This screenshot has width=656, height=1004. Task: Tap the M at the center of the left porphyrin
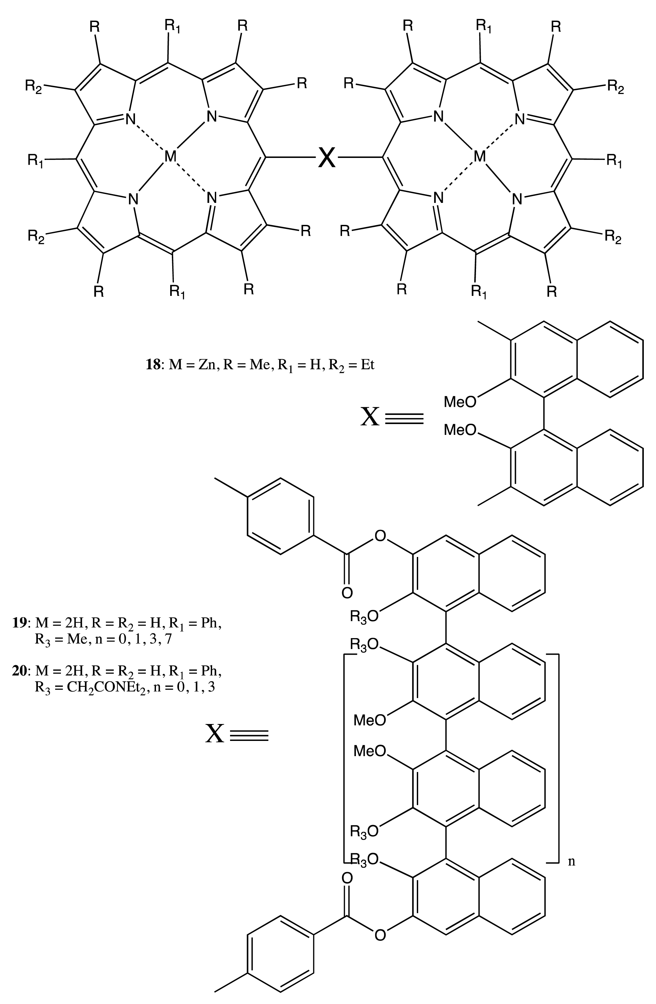[x=170, y=157]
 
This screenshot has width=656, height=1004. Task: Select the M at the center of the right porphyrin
[x=479, y=157]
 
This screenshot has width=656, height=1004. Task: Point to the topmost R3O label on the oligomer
[x=364, y=617]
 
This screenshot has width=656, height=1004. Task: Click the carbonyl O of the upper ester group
[x=347, y=593]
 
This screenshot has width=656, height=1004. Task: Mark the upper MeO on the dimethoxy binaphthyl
[x=459, y=402]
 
